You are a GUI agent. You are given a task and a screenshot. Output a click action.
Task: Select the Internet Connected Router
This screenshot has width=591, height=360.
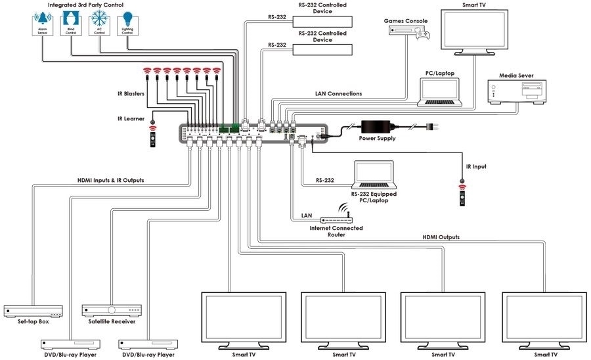coord(336,217)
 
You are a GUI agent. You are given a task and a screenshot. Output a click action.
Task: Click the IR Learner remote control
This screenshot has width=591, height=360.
coord(153,137)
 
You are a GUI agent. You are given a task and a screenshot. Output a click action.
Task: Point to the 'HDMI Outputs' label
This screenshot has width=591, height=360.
coord(440,237)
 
